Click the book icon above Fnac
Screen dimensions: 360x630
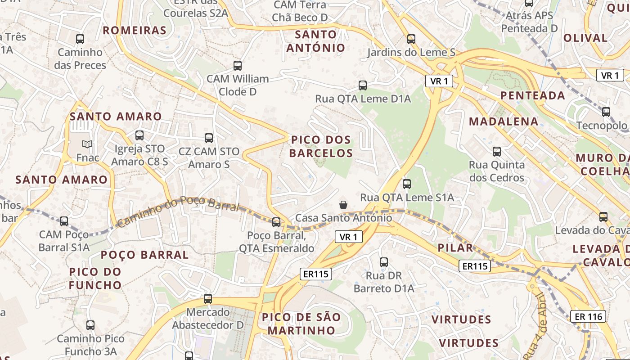(87, 144)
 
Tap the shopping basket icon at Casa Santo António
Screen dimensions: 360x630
(343, 205)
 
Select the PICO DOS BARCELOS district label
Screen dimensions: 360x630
(321, 146)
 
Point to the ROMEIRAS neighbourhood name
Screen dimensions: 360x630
(135, 31)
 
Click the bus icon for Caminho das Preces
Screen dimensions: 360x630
(80, 39)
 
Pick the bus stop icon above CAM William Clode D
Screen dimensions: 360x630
(238, 66)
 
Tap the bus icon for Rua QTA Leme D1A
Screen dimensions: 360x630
(363, 85)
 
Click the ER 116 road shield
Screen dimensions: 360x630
(588, 316)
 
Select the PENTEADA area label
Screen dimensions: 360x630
(533, 95)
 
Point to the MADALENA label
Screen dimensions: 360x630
(504, 121)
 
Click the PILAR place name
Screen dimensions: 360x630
(455, 247)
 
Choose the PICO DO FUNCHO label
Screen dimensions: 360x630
(95, 279)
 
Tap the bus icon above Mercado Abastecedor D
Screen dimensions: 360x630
(208, 298)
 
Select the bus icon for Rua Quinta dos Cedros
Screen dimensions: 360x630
(497, 152)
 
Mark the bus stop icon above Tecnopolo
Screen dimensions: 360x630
(606, 112)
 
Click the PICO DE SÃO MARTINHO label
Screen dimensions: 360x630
(301, 324)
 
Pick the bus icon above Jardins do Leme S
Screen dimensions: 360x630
(411, 39)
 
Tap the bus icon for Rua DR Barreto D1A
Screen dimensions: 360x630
(384, 262)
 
